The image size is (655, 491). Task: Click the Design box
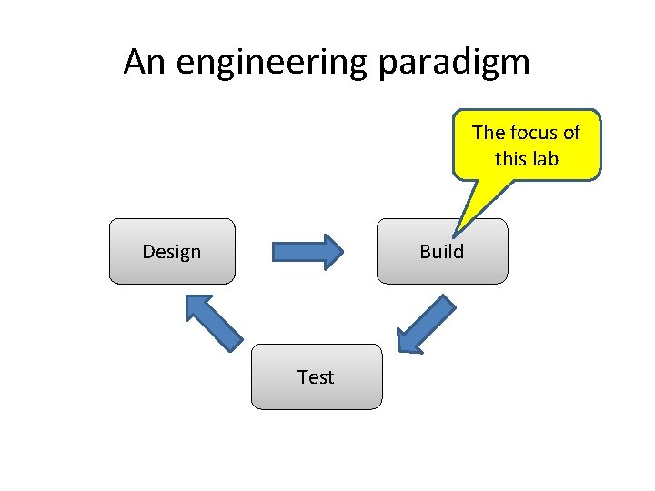[x=172, y=251]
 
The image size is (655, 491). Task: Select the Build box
[x=442, y=251]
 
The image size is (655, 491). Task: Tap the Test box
[x=317, y=376]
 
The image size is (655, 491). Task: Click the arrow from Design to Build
[x=307, y=251]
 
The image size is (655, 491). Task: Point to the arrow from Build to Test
[x=427, y=324]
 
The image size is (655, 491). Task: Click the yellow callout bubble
[x=526, y=145]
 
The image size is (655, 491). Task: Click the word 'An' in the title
[x=145, y=62]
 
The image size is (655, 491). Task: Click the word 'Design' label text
[x=172, y=251]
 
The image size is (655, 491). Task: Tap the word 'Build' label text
[x=442, y=251]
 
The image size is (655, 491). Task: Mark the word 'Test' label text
[x=317, y=376]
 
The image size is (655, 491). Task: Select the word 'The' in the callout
[x=489, y=133]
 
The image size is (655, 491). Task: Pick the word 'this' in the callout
[x=510, y=158]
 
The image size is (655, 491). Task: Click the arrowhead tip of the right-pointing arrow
[x=342, y=251]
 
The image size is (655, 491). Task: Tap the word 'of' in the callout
[x=570, y=133]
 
